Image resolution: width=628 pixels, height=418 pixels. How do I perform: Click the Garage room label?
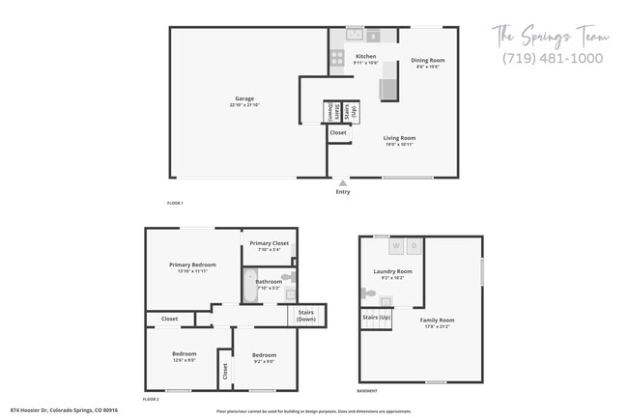244,98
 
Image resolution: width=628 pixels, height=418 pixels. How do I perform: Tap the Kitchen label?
366,57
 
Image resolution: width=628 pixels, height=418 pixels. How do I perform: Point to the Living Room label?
398,138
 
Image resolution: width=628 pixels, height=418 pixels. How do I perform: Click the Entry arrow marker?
342,181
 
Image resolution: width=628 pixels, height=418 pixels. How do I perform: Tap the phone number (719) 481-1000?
553,58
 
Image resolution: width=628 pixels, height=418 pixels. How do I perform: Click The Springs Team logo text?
552,37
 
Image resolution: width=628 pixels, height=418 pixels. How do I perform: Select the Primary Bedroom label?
192,265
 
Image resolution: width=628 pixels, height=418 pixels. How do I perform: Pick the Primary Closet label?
270,243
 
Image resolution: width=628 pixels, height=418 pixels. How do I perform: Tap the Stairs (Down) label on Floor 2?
306,316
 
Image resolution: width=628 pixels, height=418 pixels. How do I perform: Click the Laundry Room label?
392,272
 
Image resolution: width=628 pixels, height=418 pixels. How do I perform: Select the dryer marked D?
413,246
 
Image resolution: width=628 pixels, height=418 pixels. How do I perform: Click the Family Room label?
437,320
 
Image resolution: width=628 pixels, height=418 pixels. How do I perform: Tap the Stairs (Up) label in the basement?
377,317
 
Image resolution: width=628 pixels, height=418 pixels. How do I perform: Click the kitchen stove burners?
337,58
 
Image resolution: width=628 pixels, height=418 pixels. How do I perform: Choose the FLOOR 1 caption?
175,203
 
